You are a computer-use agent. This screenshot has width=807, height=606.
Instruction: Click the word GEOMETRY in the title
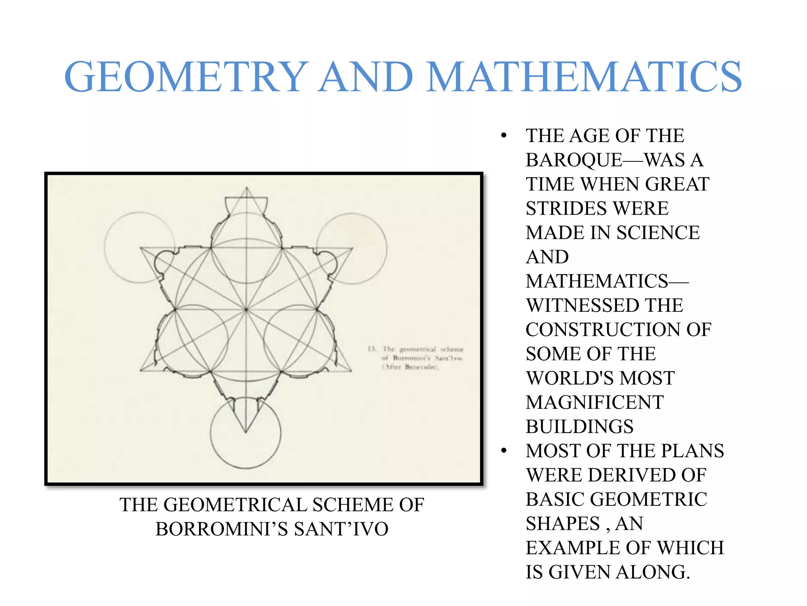tap(185, 77)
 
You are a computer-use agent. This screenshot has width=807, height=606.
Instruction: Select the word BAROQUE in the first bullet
tap(574, 160)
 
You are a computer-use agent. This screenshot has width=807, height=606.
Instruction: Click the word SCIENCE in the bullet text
tap(658, 233)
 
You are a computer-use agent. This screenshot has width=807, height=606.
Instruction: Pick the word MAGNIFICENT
tap(595, 402)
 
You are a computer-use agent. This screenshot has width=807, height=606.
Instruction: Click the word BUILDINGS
tap(579, 426)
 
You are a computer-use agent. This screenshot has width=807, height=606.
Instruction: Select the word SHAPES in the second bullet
tap(562, 524)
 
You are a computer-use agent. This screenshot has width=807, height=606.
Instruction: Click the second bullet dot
tap(504, 451)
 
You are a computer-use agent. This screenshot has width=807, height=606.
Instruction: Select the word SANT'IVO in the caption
tap(341, 529)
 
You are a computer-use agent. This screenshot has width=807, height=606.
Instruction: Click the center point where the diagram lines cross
tap(246, 310)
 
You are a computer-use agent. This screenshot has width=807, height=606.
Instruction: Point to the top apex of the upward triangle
tap(247, 187)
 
